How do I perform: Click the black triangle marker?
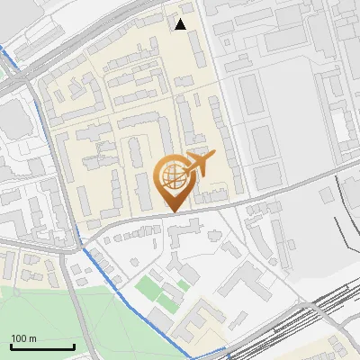tap(181, 24)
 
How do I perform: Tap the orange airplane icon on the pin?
tap(199, 165)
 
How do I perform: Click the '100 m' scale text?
tap(23, 338)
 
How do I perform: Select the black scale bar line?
tap(42, 346)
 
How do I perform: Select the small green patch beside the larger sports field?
tap(184, 285)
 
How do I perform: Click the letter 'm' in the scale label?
tap(32, 338)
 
